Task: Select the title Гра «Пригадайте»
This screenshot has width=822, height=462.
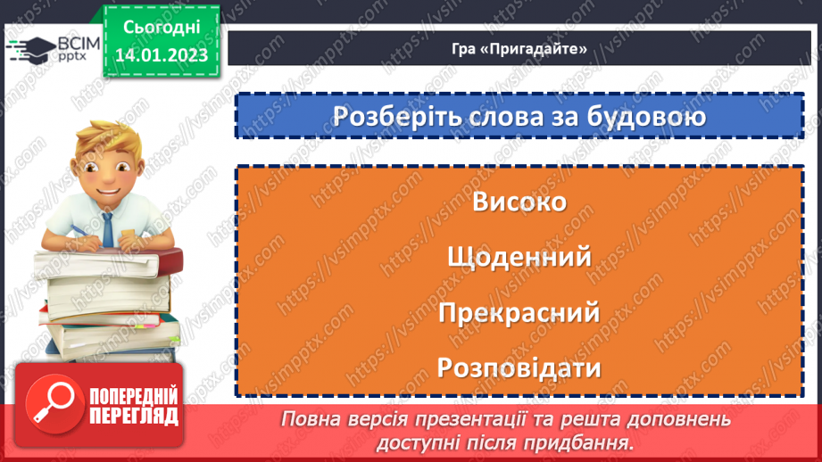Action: pyautogui.click(x=519, y=49)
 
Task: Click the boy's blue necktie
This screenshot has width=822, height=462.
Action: pyautogui.click(x=107, y=228)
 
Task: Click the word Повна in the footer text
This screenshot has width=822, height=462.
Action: pyautogui.click(x=310, y=419)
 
